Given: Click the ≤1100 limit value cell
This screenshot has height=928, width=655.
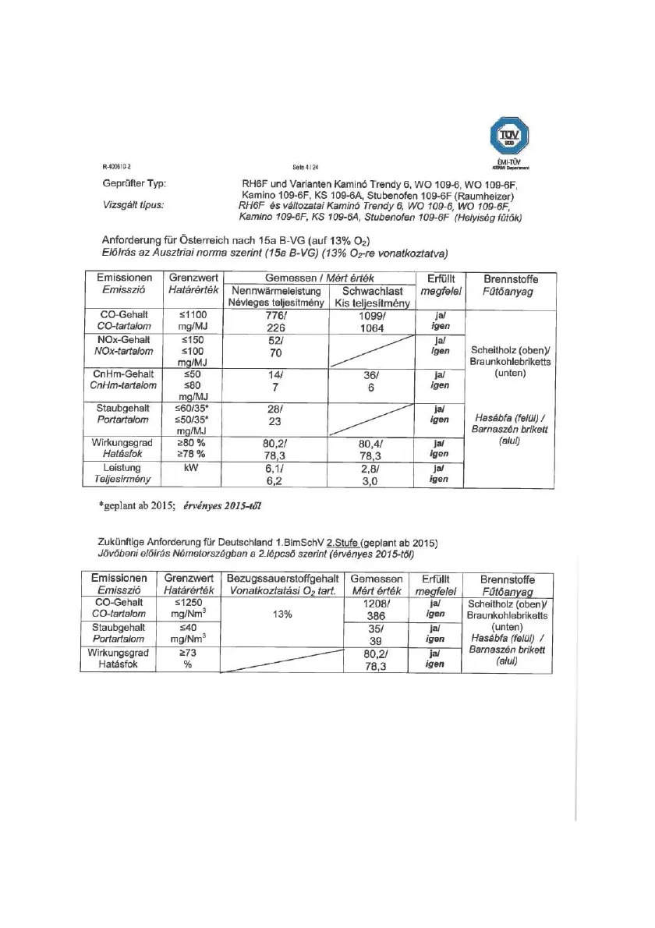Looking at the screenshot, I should point(188,316).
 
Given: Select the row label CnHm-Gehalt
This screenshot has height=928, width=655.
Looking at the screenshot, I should point(122,374).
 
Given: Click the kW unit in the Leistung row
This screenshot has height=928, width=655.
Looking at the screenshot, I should point(188,469).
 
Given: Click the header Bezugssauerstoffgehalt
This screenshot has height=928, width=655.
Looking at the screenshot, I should point(281,579).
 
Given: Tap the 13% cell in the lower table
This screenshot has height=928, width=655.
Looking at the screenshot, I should point(281,615).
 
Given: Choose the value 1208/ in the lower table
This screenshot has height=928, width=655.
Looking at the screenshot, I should point(377,603).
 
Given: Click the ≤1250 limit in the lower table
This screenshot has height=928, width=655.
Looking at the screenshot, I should point(188,603).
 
